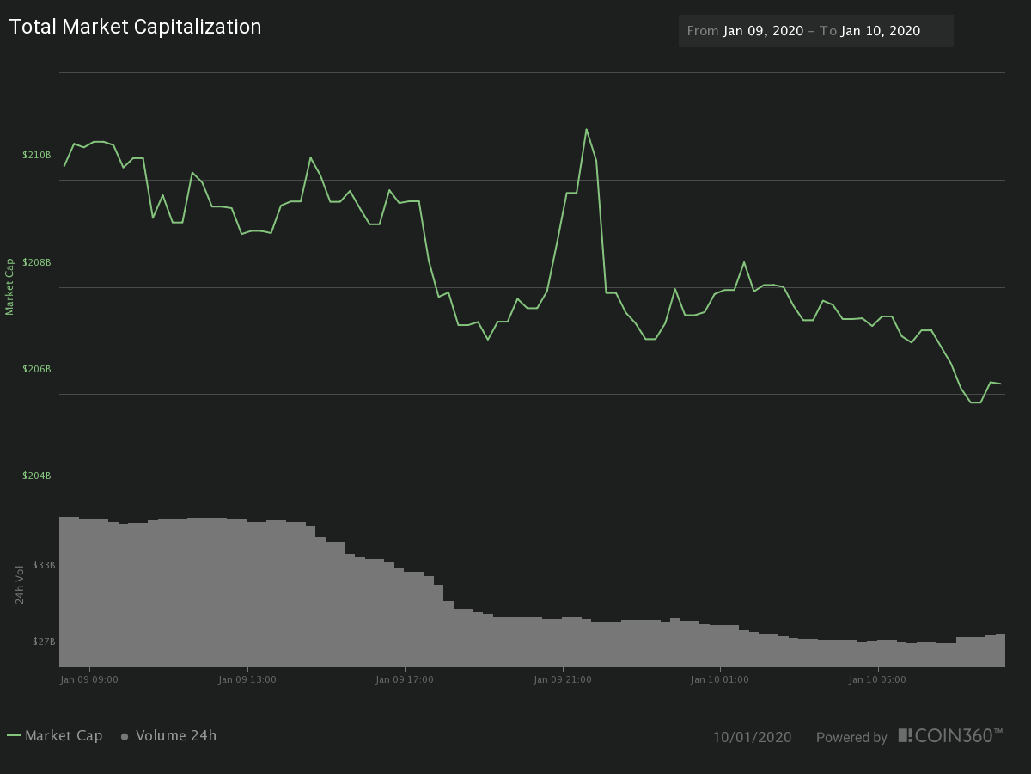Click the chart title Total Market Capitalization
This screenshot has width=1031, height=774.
pyautogui.click(x=135, y=27)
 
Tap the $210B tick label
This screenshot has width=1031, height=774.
pyautogui.click(x=37, y=155)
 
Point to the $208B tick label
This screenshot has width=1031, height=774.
pyautogui.click(x=37, y=262)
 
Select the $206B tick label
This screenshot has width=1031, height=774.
pyautogui.click(x=37, y=369)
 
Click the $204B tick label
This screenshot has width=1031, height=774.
pyautogui.click(x=37, y=476)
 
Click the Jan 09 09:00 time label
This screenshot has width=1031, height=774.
pyautogui.click(x=89, y=679)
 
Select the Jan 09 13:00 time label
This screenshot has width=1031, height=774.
pyautogui.click(x=247, y=679)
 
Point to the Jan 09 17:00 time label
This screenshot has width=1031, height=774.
pyautogui.click(x=405, y=679)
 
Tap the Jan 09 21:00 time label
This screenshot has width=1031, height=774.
pyautogui.click(x=563, y=679)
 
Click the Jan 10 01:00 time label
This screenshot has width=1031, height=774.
pyautogui.click(x=720, y=679)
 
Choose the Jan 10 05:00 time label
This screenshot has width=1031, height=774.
pyautogui.click(x=877, y=679)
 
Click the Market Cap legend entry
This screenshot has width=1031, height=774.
pyautogui.click(x=55, y=735)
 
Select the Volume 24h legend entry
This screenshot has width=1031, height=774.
pyautogui.click(x=169, y=735)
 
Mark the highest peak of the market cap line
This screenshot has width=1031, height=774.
pyautogui.click(x=586, y=130)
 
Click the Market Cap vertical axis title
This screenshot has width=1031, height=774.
pyautogui.click(x=10, y=286)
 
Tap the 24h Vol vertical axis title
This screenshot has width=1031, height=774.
pyautogui.click(x=20, y=585)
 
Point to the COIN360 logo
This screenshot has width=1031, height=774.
pyautogui.click(x=950, y=735)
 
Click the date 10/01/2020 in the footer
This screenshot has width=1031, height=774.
pyautogui.click(x=752, y=737)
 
